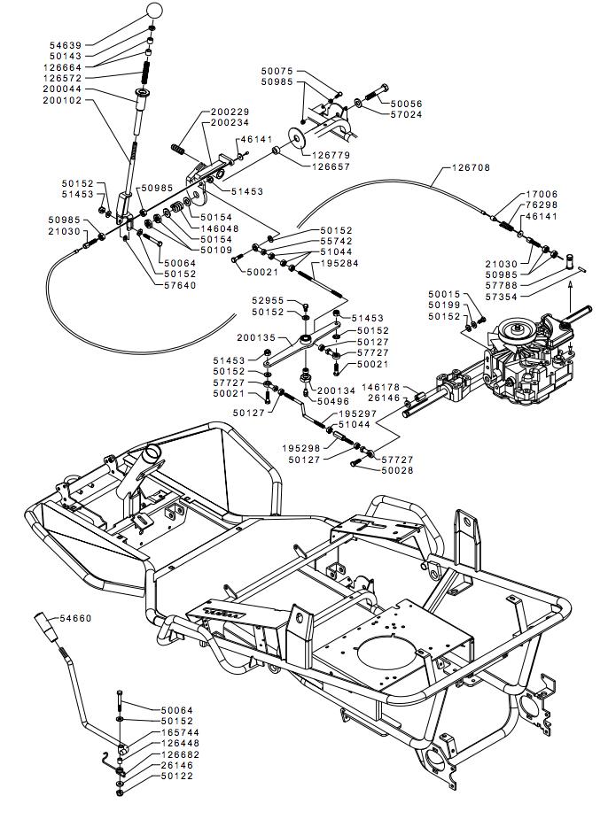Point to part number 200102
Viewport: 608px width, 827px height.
coord(62,101)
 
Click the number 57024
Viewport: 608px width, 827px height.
coord(404,115)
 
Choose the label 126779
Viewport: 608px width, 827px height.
coord(331,155)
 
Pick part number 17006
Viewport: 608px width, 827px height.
coord(542,193)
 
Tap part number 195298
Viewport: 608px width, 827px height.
coord(301,447)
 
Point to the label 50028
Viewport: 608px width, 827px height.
coord(397,470)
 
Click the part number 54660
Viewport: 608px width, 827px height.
coord(75,617)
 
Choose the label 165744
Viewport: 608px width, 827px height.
coord(181,733)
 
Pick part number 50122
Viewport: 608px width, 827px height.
coord(177,777)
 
